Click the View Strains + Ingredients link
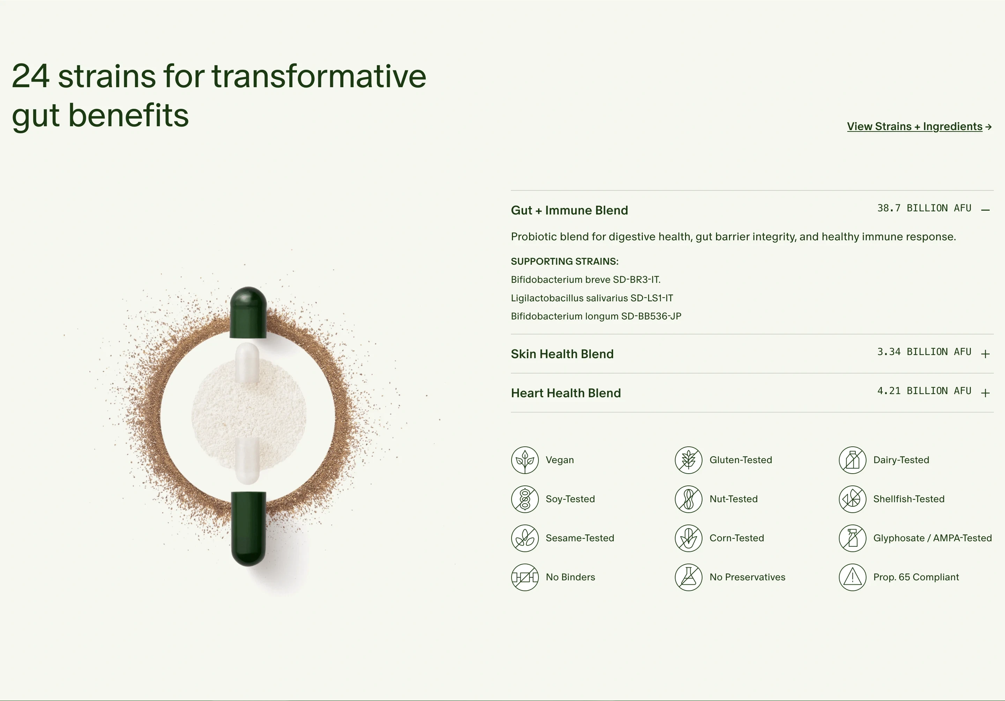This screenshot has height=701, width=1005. pos(919,127)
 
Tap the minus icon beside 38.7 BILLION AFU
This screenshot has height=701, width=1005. pos(985,210)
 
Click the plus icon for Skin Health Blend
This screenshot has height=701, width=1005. pos(985,354)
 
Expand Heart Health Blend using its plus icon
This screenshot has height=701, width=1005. pos(985,393)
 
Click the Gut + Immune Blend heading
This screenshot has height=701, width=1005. pos(569,211)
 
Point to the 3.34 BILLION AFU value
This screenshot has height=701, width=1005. pos(924,352)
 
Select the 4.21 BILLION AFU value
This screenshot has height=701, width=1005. pos(924,391)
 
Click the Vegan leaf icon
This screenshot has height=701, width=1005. pos(525,460)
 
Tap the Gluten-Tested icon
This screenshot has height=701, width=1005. pos(688,460)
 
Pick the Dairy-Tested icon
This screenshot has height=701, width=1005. pos(853,460)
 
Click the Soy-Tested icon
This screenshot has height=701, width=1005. pos(525,499)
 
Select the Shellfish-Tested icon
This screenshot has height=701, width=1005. pos(853,499)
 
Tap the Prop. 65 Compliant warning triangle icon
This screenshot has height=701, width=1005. pos(853,577)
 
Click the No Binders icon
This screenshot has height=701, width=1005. pos(525,577)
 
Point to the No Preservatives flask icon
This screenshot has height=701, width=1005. pos(688,577)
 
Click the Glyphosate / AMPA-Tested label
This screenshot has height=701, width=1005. pos(932,538)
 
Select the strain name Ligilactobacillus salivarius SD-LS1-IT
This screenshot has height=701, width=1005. pos(592,298)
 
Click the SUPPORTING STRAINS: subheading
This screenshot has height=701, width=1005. pos(565,262)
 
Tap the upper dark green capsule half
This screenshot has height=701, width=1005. pos(248,312)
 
